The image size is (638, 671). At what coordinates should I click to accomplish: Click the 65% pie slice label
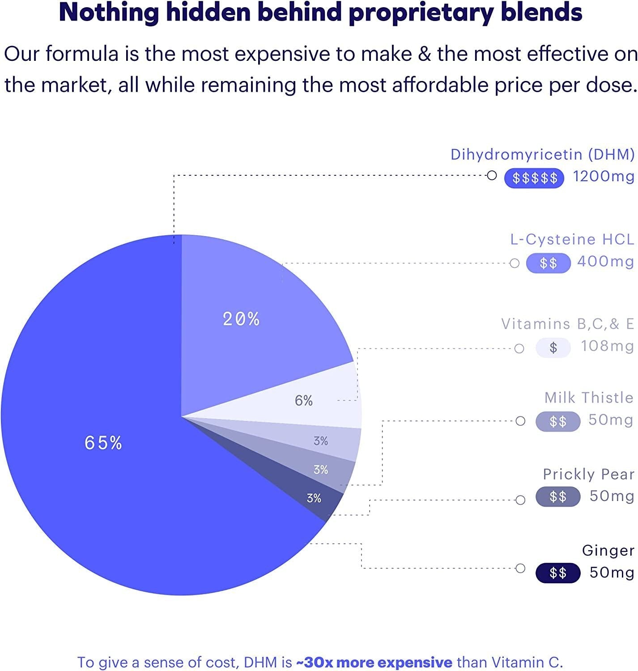[103, 443]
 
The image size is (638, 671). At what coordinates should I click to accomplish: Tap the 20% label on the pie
[241, 319]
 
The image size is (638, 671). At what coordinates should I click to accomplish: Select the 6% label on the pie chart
[303, 400]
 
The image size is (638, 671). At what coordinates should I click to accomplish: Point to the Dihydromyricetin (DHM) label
[542, 154]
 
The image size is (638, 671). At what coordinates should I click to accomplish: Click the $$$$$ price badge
[534, 178]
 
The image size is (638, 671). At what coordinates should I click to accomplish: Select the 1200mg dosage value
[604, 177]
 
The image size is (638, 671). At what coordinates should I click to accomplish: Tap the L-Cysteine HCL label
[572, 239]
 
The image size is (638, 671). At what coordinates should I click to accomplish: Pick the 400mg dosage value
[606, 261]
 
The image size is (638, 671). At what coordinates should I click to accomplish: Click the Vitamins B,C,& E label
[568, 323]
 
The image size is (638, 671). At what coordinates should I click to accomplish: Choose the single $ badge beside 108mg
[553, 348]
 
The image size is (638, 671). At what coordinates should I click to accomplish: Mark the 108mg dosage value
[607, 346]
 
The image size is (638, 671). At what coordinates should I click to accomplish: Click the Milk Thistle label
[589, 397]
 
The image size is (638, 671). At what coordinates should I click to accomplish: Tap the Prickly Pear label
[588, 474]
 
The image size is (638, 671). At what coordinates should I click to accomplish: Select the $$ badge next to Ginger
[558, 573]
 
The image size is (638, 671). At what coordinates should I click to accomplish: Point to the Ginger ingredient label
[608, 550]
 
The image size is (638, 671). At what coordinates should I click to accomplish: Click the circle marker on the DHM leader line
[492, 175]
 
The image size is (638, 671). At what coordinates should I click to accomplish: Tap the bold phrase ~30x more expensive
[374, 662]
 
